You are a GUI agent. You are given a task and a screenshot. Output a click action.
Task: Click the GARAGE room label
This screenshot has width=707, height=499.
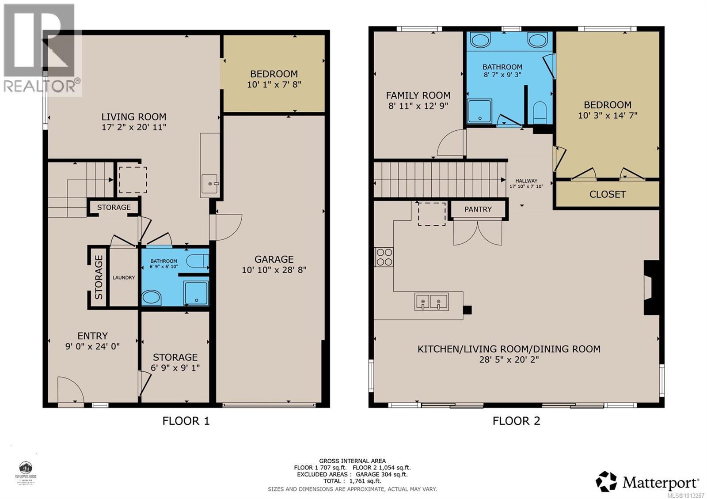(x=274, y=259)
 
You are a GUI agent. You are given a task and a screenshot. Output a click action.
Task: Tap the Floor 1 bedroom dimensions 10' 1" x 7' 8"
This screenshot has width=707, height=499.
(x=274, y=84)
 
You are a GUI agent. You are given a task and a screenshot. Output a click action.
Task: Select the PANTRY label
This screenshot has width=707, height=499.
(x=478, y=209)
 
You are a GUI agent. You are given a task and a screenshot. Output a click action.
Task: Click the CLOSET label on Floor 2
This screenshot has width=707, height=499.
(x=607, y=194)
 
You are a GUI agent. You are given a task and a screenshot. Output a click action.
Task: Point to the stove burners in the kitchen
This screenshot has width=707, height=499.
(x=384, y=257)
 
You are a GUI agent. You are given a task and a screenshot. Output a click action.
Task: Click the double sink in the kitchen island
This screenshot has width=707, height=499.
(x=431, y=302)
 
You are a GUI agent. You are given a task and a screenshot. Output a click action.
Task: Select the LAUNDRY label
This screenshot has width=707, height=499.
(x=123, y=278)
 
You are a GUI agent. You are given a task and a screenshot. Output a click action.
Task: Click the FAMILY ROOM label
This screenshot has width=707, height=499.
(x=418, y=95)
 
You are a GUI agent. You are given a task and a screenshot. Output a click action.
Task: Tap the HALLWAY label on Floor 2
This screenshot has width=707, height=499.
(x=526, y=181)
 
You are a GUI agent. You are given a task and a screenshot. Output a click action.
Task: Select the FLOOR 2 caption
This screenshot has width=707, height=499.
(x=516, y=421)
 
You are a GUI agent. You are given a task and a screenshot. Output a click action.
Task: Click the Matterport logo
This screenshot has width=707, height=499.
(x=647, y=481)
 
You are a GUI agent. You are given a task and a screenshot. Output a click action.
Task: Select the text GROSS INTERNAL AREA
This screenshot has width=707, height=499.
(x=352, y=461)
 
